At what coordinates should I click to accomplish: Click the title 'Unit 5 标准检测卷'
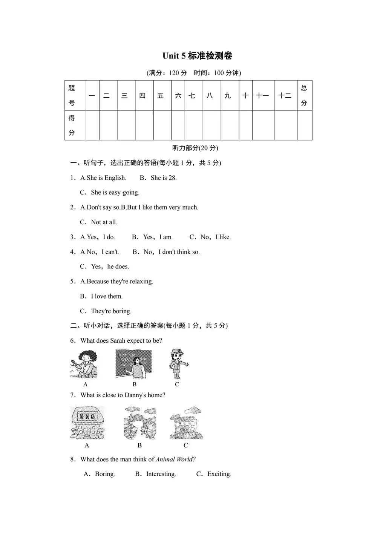(197, 56)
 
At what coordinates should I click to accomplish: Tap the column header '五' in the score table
(161, 96)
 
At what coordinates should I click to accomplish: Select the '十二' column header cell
(285, 96)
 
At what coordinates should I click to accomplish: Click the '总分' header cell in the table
(304, 95)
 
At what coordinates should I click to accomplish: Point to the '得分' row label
(72, 125)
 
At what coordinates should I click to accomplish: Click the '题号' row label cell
(72, 95)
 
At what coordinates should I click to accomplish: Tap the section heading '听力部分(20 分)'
(195, 148)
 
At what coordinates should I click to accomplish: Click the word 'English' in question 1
(115, 178)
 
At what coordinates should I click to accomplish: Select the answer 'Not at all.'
(104, 222)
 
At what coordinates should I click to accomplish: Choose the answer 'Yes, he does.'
(110, 266)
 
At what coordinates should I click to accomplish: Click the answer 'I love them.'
(107, 296)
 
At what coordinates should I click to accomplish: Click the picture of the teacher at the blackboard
(133, 364)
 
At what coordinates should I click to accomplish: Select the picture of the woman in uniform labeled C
(177, 364)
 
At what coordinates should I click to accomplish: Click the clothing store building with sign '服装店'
(87, 423)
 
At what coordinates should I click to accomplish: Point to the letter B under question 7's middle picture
(139, 446)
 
